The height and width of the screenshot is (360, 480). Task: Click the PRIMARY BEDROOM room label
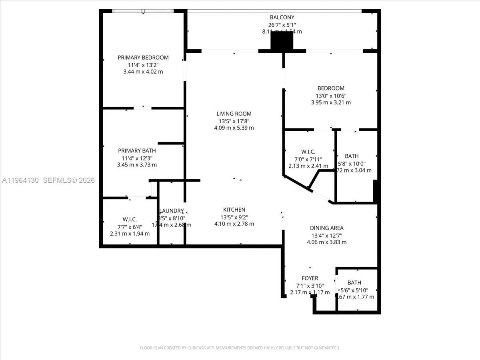point(143,57)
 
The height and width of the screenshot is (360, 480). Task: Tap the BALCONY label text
point(282,17)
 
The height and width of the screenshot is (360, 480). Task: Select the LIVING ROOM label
point(234,114)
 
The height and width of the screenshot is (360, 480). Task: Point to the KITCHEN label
point(234,210)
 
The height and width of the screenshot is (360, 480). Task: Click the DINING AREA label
point(327,228)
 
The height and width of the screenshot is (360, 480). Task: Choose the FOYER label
point(310,278)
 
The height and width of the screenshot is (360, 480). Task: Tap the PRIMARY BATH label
point(137,150)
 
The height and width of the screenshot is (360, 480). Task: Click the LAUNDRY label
point(172,211)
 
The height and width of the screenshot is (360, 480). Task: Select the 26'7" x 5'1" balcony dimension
point(282,24)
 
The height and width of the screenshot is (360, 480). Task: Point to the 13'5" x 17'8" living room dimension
point(234,121)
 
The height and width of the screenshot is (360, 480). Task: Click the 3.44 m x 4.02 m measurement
point(143,72)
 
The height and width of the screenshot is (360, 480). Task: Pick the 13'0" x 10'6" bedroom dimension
point(331,96)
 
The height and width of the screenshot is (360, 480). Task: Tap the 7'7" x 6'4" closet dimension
point(130,226)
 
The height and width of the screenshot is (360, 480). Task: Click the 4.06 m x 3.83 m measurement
point(327,242)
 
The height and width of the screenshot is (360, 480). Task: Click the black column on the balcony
point(282,41)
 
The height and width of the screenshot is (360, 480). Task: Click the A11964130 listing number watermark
point(20,180)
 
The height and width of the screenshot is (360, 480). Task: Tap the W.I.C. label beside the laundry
point(130,219)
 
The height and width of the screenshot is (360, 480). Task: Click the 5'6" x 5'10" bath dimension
point(354,290)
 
